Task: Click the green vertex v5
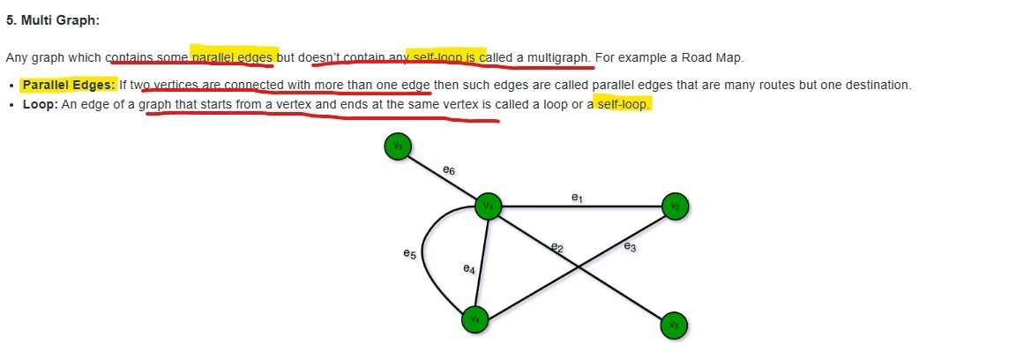[399, 146]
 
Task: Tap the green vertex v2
[676, 206]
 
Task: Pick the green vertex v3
[674, 326]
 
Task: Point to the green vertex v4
[474, 319]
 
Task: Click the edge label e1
[577, 199]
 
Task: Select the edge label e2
[557, 248]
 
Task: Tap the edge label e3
[630, 247]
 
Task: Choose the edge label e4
[469, 269]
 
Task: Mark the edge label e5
[408, 254]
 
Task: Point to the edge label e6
[449, 169]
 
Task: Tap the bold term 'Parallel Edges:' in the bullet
[69, 86]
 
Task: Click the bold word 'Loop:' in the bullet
[40, 105]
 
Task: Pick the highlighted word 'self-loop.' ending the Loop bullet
[624, 105]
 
